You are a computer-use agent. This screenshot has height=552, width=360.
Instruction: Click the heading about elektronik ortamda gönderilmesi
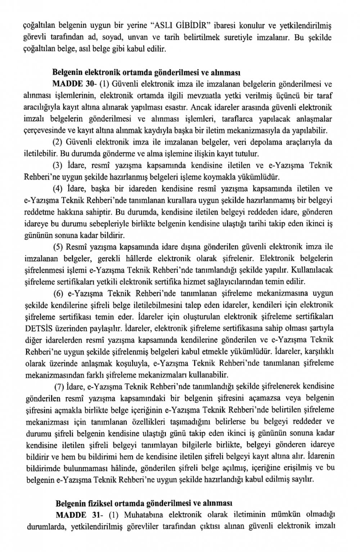click(x=146, y=72)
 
